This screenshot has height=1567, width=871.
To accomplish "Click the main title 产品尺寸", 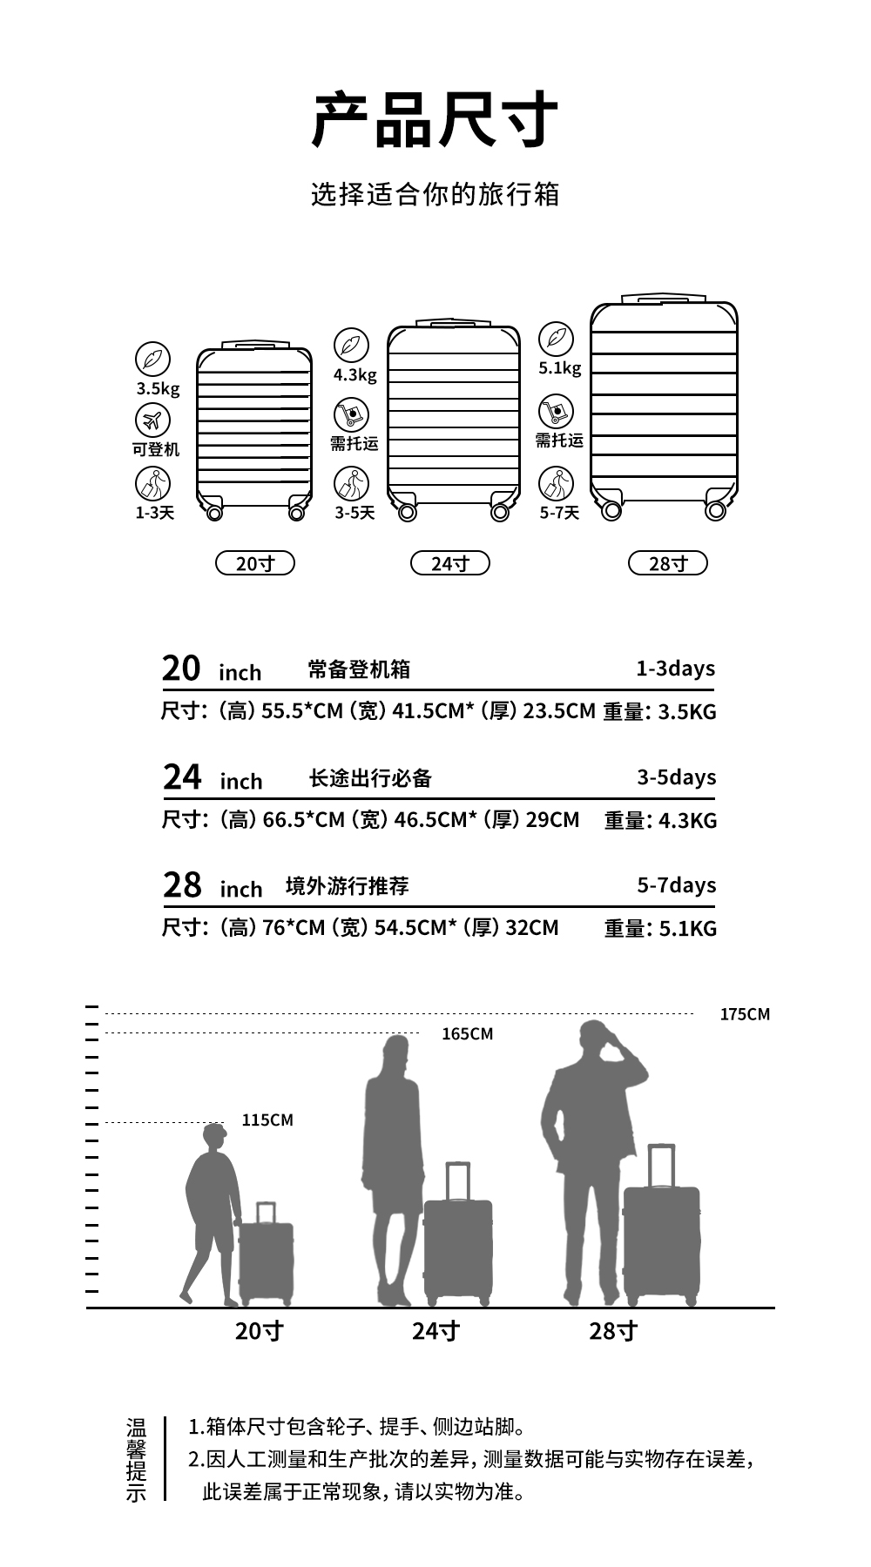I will click(435, 119).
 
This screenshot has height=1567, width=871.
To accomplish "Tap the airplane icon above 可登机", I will click(152, 420).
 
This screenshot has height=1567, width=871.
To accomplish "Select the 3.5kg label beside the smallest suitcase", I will click(158, 388).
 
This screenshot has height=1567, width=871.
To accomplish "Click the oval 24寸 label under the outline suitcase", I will click(450, 563).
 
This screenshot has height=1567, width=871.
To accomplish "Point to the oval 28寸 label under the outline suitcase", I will click(668, 563).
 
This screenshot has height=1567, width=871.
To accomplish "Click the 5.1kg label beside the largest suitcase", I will click(559, 367).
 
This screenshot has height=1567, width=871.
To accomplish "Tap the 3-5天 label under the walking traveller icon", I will click(354, 513).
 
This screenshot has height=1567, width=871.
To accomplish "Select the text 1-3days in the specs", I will click(675, 669).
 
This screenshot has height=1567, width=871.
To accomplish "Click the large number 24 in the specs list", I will click(182, 777).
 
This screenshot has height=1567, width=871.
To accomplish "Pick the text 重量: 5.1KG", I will click(660, 929).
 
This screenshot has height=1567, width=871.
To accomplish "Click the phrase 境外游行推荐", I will click(347, 886).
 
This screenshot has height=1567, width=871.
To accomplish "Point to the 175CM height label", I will click(745, 1014).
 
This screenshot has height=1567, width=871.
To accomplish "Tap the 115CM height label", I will click(267, 1120).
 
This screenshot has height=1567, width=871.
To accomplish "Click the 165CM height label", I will click(467, 1034).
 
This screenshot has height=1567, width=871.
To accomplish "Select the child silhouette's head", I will click(214, 1136).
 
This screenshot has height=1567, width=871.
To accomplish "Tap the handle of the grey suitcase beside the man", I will click(662, 1165).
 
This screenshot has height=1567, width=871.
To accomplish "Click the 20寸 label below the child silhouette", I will click(259, 1331).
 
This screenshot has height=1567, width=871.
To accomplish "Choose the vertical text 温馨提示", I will click(137, 1460).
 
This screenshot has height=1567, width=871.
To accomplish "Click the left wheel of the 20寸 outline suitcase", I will click(214, 513).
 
